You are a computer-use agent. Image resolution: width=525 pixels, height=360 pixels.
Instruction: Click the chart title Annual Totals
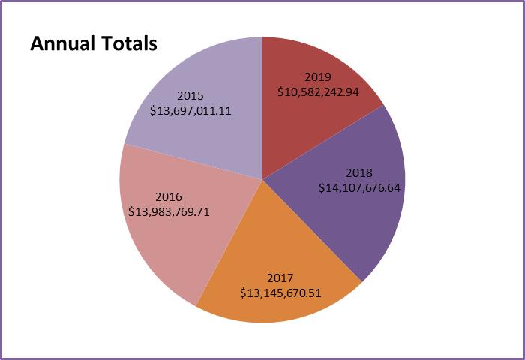pos(93,43)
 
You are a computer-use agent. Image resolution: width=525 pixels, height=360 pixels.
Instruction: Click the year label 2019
pos(318,76)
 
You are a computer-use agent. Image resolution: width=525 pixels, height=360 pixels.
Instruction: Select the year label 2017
pos(280,278)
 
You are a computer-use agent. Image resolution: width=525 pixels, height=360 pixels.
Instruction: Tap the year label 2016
pos(169,197)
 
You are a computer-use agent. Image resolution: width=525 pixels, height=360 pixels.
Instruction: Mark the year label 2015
pos(190,95)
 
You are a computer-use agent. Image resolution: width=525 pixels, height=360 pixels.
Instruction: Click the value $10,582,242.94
pos(318,91)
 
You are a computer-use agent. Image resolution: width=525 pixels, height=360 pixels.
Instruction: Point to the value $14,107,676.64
pos(359,188)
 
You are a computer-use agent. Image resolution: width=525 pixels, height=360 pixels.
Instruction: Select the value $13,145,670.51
pos(280,292)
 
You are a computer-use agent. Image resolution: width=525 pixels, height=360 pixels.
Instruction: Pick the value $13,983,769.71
pos(169,211)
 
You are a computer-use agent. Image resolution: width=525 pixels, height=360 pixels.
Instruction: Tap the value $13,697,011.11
pos(190,110)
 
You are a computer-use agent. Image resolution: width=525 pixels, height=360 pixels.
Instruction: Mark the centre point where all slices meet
pos(262,179)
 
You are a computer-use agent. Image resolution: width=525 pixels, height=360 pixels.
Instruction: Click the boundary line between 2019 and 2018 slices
pos(322,142)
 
